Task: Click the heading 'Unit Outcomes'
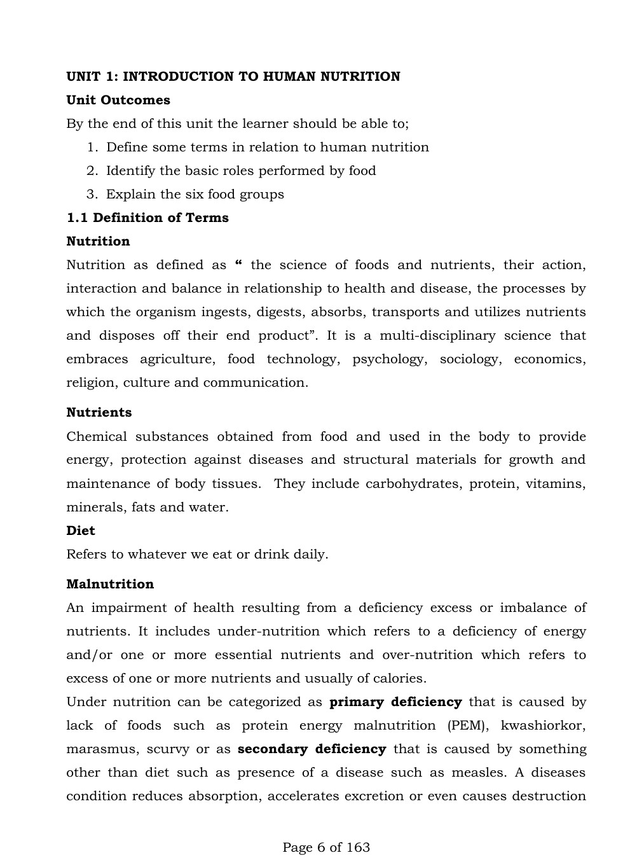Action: (x=118, y=101)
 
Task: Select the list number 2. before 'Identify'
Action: (x=92, y=171)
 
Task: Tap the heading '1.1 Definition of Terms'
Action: (x=147, y=218)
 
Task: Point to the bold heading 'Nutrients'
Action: (x=99, y=413)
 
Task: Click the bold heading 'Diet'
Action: (x=81, y=531)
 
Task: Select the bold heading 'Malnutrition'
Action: (x=110, y=585)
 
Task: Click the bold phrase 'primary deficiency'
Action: (x=395, y=702)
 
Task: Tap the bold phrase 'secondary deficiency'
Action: (x=312, y=749)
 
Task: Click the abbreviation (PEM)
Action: (x=468, y=726)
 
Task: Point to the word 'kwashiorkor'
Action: (x=543, y=726)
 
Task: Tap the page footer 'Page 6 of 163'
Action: (x=326, y=848)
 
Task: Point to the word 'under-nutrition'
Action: (x=268, y=632)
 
